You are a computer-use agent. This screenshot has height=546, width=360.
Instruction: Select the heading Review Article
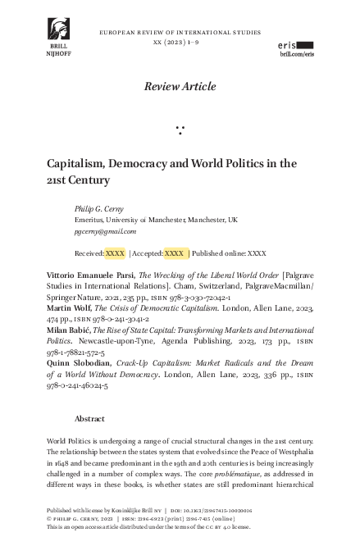[180, 86]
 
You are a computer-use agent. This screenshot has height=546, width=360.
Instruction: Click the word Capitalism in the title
[76, 163]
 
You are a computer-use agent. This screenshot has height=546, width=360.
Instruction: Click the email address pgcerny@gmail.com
[105, 232]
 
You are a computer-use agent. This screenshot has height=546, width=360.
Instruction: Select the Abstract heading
[89, 418]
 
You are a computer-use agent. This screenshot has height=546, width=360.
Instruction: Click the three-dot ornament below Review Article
[180, 129]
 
